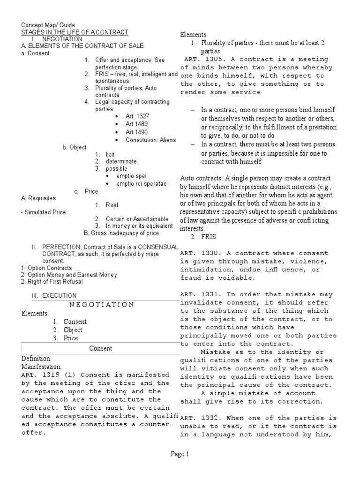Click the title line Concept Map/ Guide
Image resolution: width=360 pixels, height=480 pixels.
point(48,25)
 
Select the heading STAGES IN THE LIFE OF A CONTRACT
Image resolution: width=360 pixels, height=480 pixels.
point(75,32)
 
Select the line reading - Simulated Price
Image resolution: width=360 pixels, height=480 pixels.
point(44,212)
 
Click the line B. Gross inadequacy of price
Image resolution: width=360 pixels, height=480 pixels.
point(121,233)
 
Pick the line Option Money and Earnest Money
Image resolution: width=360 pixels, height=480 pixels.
point(69,275)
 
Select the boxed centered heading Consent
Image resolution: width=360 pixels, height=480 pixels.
point(101,348)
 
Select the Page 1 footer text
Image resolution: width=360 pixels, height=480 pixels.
point(180,454)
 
